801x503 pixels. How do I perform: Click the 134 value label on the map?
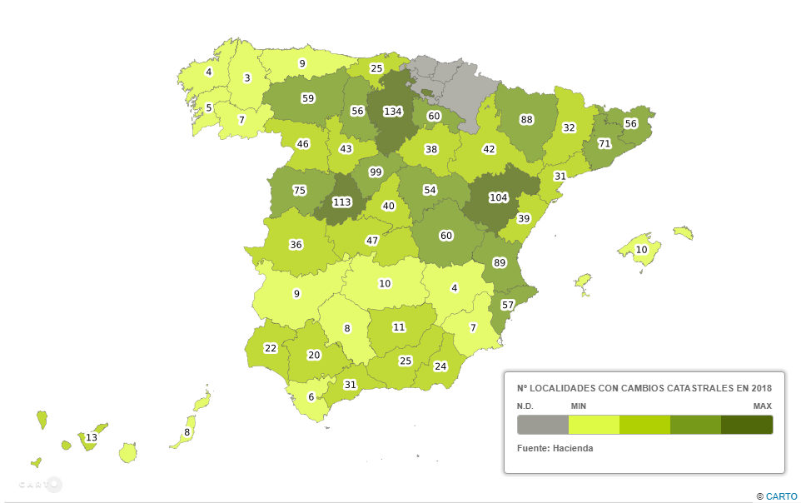(393, 112)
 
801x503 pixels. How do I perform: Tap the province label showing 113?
(342, 201)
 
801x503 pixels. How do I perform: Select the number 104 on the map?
(498, 197)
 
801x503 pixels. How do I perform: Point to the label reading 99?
(376, 172)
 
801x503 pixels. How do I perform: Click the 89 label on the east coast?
(500, 262)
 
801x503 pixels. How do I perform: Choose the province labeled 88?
(526, 119)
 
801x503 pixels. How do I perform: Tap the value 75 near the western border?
(300, 190)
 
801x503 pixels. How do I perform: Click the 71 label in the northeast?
(604, 144)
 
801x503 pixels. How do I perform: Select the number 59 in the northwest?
(308, 98)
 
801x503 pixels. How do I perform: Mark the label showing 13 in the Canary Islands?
(92, 437)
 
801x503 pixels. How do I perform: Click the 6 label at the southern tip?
(311, 396)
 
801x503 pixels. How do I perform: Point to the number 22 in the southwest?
(270, 348)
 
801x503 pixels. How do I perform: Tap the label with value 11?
(399, 327)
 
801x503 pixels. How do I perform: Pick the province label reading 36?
(296, 244)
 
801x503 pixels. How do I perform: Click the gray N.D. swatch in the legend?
(542, 425)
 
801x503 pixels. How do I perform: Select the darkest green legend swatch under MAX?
(747, 425)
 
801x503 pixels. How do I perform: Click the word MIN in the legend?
(579, 406)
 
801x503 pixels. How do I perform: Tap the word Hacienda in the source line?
(575, 448)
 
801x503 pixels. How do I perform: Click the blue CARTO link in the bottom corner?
(781, 496)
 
